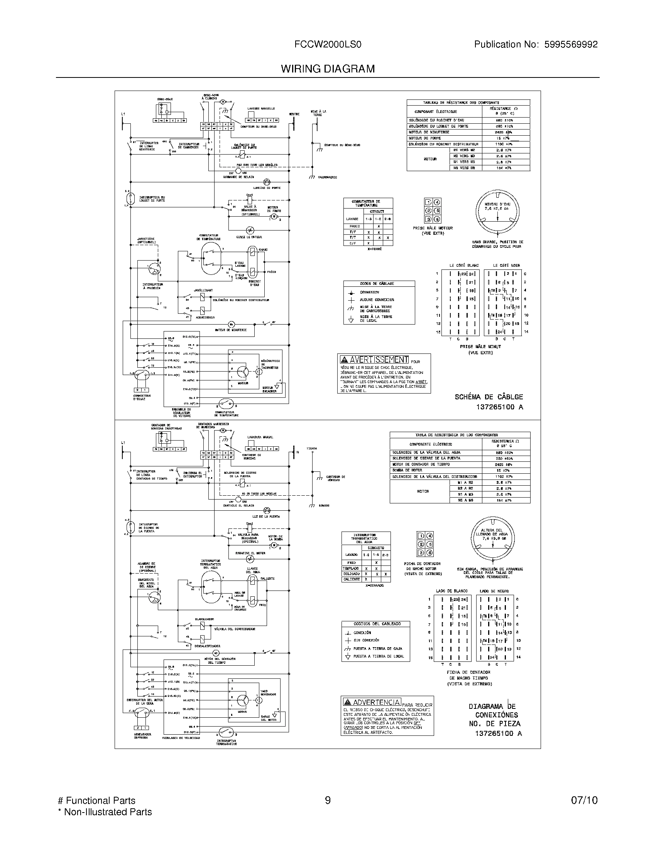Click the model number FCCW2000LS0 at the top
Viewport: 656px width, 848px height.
point(328,45)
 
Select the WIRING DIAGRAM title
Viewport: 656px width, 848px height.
point(328,69)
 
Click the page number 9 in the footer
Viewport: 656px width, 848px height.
point(328,800)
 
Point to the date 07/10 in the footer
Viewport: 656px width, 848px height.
point(584,800)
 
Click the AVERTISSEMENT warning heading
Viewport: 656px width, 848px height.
point(374,360)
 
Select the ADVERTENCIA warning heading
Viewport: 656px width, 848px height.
point(372,702)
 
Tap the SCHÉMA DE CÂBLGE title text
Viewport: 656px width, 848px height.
point(489,397)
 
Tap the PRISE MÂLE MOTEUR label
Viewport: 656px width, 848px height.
point(433,228)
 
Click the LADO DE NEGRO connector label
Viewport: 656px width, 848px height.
point(494,591)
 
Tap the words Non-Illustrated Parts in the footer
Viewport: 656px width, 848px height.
point(108,812)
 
